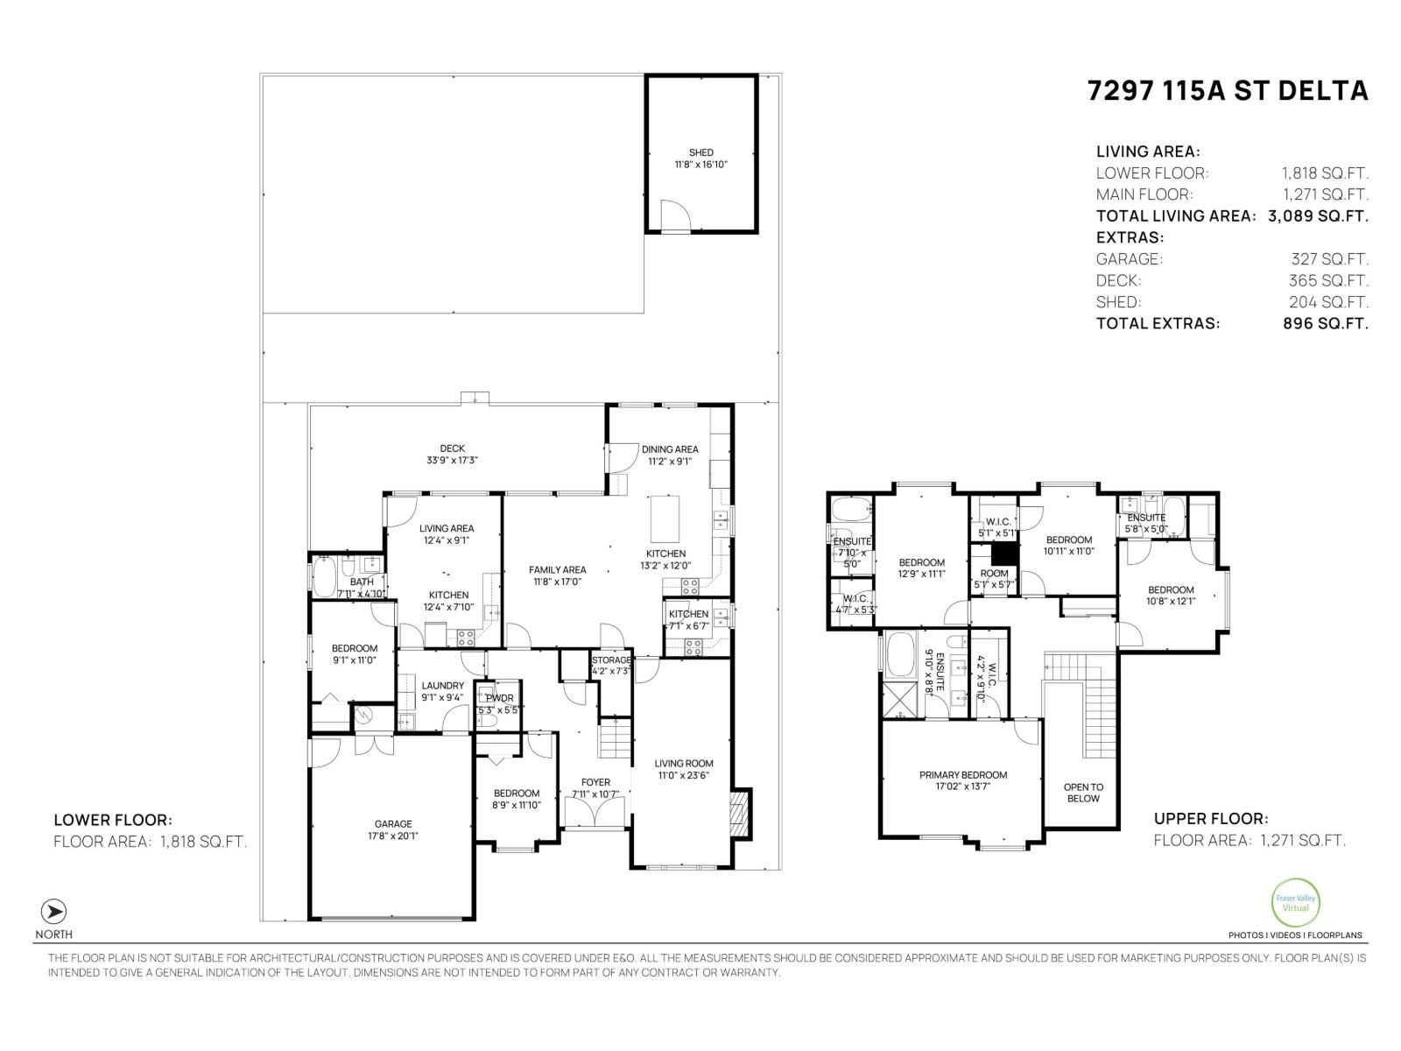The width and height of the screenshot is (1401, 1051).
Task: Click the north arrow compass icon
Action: (x=54, y=911)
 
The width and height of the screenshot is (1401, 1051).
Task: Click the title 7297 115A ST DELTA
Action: (x=1227, y=91)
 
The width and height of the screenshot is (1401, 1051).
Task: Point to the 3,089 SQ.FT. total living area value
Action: (x=1318, y=215)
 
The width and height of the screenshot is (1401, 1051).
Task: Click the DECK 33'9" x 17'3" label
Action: (x=452, y=454)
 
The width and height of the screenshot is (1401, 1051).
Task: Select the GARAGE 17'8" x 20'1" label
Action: (x=393, y=829)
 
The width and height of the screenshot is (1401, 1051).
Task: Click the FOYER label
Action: (x=595, y=782)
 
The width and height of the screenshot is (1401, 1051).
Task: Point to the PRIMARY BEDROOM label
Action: (x=962, y=775)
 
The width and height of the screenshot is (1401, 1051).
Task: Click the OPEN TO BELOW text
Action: (x=1083, y=793)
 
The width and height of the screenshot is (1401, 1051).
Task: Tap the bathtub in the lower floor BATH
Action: (x=323, y=578)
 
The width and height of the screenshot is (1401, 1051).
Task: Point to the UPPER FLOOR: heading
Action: (x=1210, y=819)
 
